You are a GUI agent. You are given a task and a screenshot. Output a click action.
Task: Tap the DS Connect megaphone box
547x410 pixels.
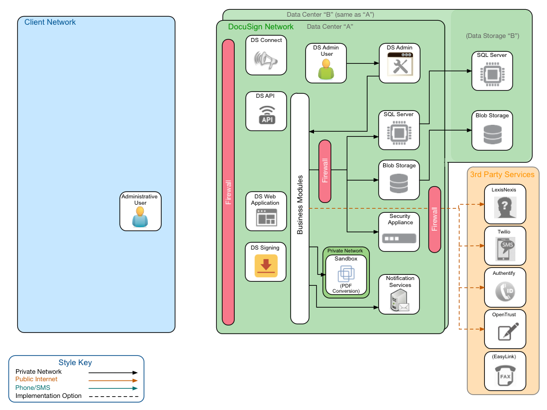click(x=266, y=55)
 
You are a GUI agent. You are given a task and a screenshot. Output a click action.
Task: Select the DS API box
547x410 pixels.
click(x=266, y=111)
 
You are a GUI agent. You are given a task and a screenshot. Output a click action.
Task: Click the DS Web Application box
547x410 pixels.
click(x=266, y=212)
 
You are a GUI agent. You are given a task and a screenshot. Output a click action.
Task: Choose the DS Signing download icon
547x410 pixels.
click(x=266, y=266)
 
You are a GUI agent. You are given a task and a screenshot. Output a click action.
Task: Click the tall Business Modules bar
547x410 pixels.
click(x=300, y=208)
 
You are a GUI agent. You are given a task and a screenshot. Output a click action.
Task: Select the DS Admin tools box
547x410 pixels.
click(x=399, y=63)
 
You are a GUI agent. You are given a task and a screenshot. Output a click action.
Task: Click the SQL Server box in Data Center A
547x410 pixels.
click(x=399, y=129)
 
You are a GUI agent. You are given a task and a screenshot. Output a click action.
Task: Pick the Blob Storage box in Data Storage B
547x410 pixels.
click(x=492, y=131)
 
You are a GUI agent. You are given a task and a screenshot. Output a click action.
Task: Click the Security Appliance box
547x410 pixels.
click(x=399, y=232)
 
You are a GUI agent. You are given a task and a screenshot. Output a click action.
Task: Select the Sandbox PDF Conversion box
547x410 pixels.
click(x=346, y=275)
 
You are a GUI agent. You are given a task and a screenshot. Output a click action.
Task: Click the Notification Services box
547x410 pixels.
click(x=399, y=294)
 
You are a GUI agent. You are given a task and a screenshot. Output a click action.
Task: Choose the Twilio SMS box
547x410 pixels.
click(x=505, y=246)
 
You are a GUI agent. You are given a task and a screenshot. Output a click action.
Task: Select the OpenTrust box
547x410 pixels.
click(x=505, y=329)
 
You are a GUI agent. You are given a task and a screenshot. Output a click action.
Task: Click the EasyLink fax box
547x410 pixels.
click(x=505, y=372)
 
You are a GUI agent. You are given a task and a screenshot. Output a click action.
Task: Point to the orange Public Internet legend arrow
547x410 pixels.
click(x=113, y=380)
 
